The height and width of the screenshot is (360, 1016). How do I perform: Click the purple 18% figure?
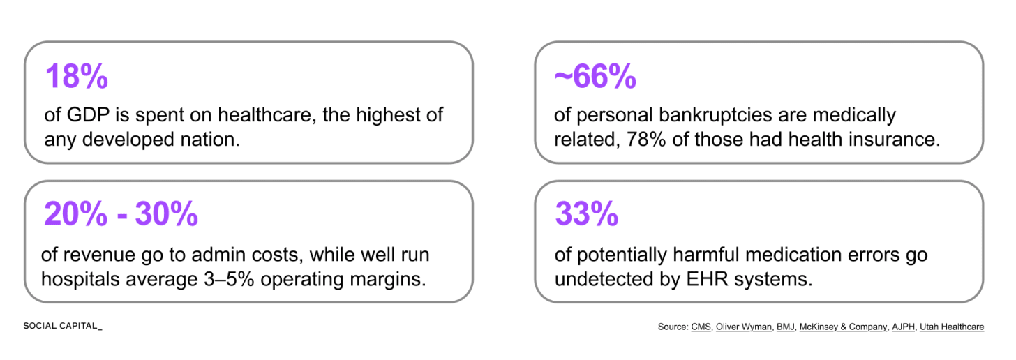click(77, 76)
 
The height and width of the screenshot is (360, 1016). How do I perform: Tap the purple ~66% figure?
click(595, 76)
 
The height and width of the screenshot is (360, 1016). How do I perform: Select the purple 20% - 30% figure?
click(121, 213)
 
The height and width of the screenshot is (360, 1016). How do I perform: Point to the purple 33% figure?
click(586, 213)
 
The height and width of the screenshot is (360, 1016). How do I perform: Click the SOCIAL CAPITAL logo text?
click(63, 326)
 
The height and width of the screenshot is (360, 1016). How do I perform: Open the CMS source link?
click(701, 327)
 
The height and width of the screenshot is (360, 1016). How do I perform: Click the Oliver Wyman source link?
click(743, 327)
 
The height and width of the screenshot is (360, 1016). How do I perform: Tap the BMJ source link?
click(785, 327)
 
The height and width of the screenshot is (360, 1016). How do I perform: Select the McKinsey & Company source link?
click(843, 327)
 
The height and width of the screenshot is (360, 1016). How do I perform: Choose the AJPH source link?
click(903, 327)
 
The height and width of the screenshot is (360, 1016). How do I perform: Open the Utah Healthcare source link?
click(952, 327)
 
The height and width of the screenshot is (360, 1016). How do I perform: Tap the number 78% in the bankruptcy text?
click(646, 140)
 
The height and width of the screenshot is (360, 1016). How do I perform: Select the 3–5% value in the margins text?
click(229, 279)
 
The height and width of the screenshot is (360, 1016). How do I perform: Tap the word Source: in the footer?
click(673, 327)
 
